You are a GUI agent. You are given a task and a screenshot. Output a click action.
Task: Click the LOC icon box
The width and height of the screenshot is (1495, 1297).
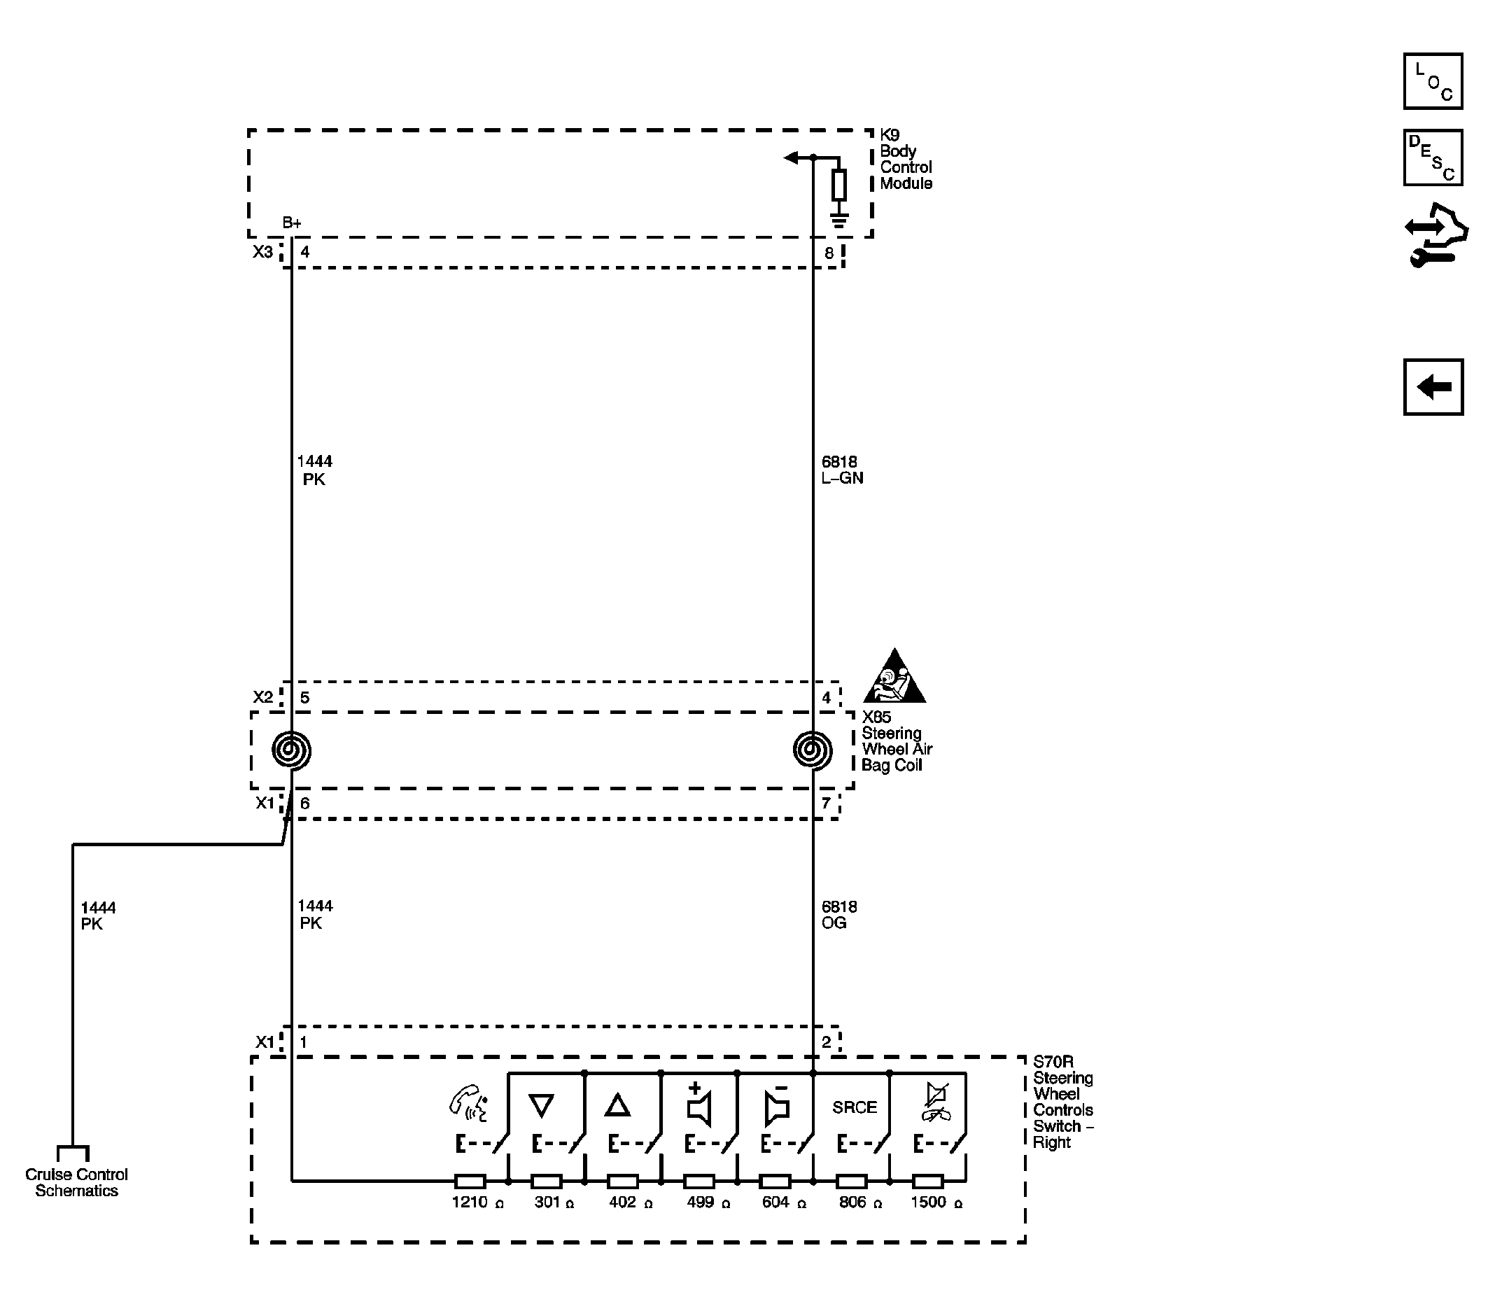1432,81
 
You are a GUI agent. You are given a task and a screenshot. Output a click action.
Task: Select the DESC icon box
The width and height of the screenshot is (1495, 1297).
1432,157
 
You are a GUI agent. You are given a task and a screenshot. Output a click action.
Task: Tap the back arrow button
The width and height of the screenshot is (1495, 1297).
1433,387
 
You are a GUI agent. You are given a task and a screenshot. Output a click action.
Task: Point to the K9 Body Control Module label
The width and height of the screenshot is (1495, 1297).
905,159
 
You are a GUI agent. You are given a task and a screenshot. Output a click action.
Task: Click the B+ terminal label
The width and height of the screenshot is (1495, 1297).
292,223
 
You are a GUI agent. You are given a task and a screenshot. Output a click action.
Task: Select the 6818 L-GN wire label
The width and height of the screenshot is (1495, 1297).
841,470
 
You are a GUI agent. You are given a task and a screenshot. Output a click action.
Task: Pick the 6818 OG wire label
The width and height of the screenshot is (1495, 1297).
838,914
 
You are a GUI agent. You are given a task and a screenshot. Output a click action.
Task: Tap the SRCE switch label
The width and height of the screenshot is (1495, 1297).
854,1107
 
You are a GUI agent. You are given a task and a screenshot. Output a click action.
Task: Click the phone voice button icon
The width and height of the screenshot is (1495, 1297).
468,1102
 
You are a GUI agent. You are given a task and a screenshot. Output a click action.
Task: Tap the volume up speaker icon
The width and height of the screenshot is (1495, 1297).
699,1105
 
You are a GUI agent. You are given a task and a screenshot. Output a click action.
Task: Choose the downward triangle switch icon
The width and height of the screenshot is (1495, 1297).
541,1106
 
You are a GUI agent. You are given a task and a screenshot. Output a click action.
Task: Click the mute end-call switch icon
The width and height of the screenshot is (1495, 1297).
936,1104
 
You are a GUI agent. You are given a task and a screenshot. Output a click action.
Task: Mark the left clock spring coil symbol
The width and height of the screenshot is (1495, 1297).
292,750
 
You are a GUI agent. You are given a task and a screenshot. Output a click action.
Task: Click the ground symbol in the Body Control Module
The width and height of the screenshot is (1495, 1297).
838,219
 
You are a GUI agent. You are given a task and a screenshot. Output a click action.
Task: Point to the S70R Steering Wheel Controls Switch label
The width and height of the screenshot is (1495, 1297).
1062,1102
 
